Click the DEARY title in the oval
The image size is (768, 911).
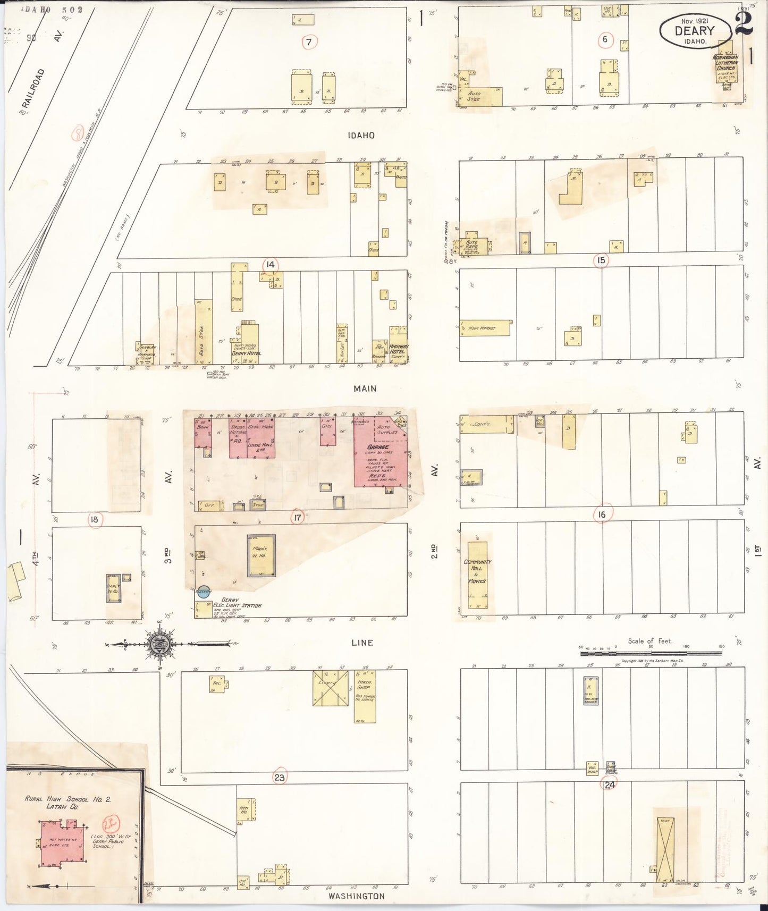[x=695, y=30]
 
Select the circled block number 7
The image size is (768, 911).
[x=310, y=41]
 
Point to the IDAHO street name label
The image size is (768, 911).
[x=361, y=136]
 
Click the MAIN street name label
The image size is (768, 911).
[x=365, y=389]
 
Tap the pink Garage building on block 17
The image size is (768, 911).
[x=381, y=457]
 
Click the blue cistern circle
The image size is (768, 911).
[x=203, y=592]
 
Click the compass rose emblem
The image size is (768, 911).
[x=161, y=644]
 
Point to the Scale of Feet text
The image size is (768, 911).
[x=649, y=641]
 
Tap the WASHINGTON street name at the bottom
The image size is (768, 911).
[x=356, y=896]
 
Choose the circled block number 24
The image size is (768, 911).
[x=609, y=784]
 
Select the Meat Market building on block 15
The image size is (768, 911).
[x=485, y=328]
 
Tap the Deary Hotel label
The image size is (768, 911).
[x=246, y=353]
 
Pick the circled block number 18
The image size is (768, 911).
[x=95, y=519]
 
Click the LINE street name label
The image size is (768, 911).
[x=362, y=643]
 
